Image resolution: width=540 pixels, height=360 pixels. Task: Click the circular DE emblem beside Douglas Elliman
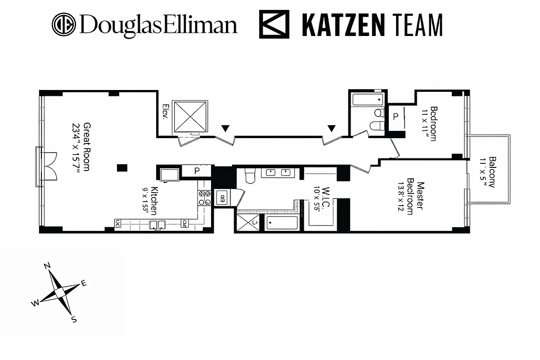click(64, 24)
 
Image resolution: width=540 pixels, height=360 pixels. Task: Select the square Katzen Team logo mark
click(274, 25)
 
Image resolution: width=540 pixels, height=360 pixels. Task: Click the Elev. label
click(165, 113)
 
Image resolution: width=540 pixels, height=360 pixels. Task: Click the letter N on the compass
click(47, 266)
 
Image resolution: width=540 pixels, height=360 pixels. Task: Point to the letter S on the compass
click(74, 320)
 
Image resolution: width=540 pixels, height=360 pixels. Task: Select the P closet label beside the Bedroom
click(396, 117)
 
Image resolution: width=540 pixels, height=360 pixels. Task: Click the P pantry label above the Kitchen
click(197, 171)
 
